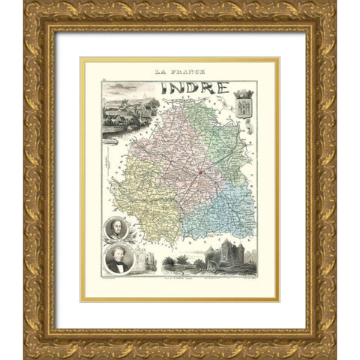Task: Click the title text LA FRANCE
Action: [180, 73]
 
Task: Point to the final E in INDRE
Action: [221, 87]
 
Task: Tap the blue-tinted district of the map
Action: [225, 206]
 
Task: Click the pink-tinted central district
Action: [176, 157]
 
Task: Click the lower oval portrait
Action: [118, 259]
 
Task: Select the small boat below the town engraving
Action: [111, 139]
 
